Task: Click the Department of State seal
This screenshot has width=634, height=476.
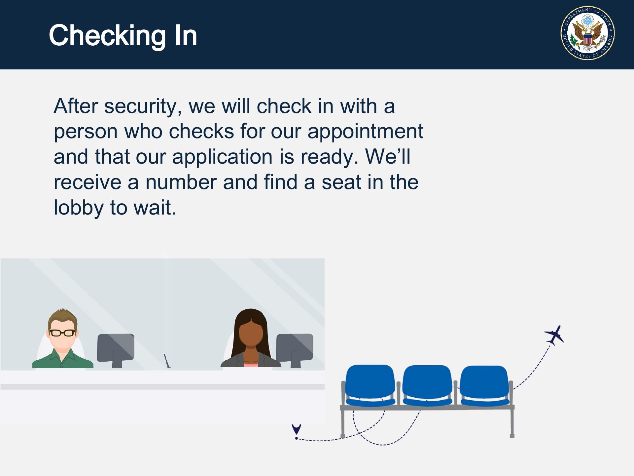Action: [587, 33]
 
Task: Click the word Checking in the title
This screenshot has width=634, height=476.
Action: [107, 36]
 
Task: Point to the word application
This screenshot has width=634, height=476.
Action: [222, 157]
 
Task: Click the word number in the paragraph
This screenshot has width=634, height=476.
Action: [181, 182]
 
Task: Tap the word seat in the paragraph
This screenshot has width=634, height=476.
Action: [337, 183]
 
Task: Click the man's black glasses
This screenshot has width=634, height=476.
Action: [62, 333]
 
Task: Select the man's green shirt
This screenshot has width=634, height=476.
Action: [63, 359]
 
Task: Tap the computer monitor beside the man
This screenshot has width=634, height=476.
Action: [116, 350]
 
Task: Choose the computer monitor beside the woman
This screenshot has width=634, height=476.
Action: [295, 350]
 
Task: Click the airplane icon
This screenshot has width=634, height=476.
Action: [554, 335]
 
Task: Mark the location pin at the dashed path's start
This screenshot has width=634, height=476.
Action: [297, 430]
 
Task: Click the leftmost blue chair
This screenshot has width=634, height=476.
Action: [370, 385]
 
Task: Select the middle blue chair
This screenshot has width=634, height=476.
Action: [427, 385]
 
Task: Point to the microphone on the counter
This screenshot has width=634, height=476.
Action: [167, 361]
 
